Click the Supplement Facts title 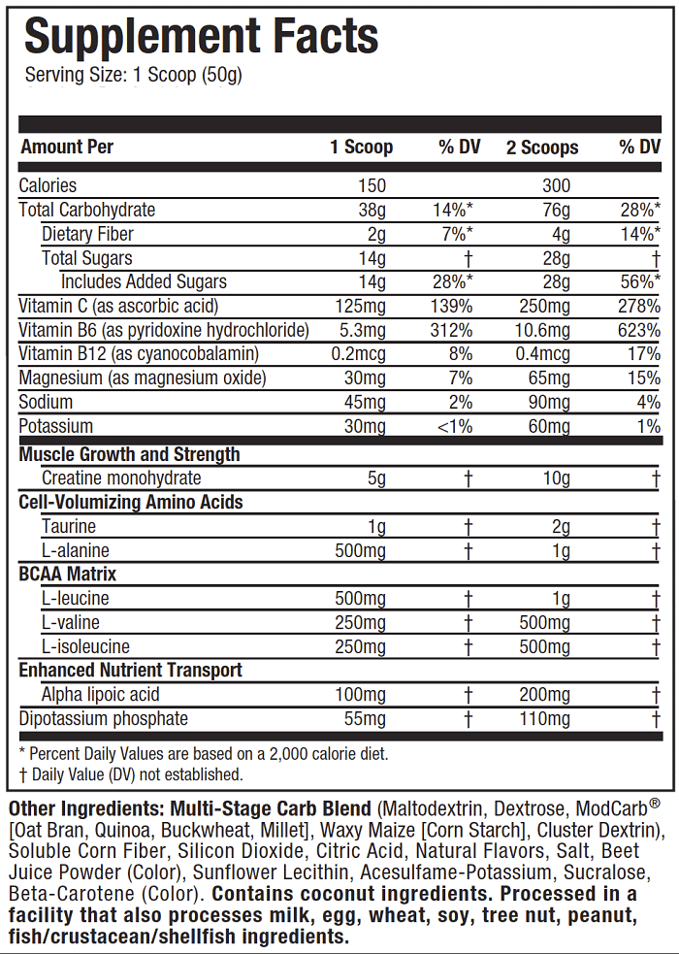pyautogui.click(x=201, y=37)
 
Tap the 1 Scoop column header pyautogui.click(x=362, y=148)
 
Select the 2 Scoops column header pyautogui.click(x=542, y=148)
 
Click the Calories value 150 pyautogui.click(x=371, y=185)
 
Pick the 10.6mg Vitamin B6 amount pyautogui.click(x=544, y=330)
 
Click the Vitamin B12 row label pyautogui.click(x=140, y=354)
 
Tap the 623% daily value pyautogui.click(x=641, y=330)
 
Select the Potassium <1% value pyautogui.click(x=452, y=426)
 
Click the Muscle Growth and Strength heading pyautogui.click(x=130, y=454)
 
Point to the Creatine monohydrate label pyautogui.click(x=121, y=477)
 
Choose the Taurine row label pyautogui.click(x=69, y=526)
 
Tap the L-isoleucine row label pyautogui.click(x=85, y=646)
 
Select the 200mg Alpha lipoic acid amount pyautogui.click(x=544, y=695)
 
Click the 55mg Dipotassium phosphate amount pyautogui.click(x=365, y=719)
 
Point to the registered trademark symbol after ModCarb pyautogui.click(x=655, y=805)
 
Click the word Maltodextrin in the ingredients pyautogui.click(x=432, y=809)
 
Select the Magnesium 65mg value pyautogui.click(x=547, y=378)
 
